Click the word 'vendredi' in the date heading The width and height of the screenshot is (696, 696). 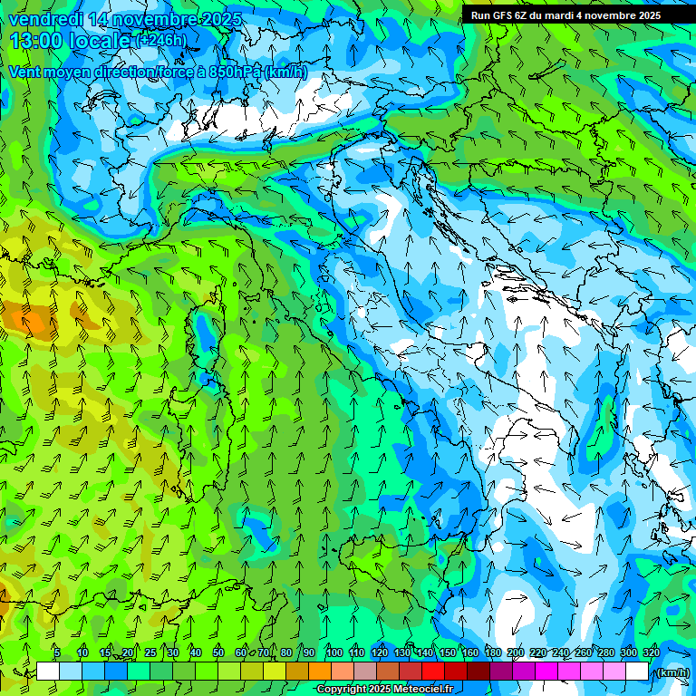[x=46, y=19]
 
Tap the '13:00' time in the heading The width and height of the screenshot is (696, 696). [x=35, y=41]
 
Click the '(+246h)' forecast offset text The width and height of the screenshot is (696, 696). [x=162, y=40]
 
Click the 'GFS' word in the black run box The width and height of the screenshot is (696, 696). [x=504, y=15]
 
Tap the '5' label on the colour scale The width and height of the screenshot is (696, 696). [x=56, y=652]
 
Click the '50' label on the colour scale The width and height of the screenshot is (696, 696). [x=218, y=652]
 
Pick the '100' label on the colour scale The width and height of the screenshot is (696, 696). [x=333, y=652]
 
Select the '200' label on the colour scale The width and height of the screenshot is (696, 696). [x=516, y=652]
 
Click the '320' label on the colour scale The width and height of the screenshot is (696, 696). [x=652, y=652]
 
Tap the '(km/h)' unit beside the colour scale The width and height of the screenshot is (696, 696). [x=672, y=672]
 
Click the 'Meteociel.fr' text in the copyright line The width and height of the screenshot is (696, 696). [x=426, y=690]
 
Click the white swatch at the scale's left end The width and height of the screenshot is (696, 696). [x=47, y=671]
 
